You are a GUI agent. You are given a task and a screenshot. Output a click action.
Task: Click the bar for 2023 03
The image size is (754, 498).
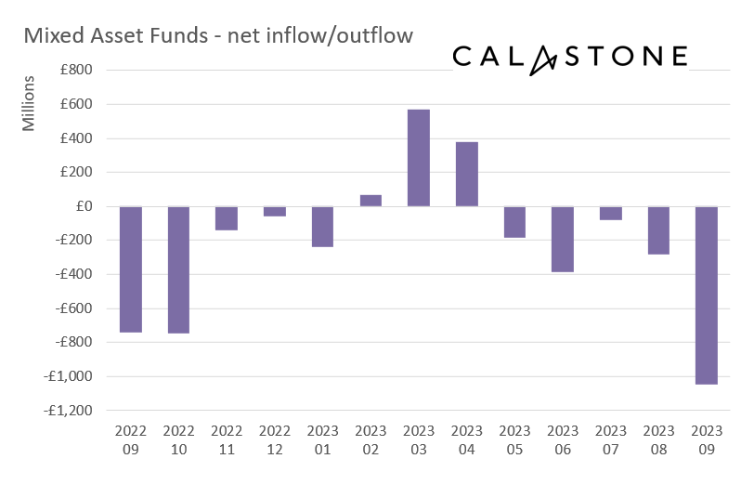tap(419, 158)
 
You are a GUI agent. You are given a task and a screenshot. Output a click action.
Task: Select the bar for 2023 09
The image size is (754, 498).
tap(707, 295)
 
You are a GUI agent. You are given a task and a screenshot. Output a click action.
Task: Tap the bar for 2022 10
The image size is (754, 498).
tap(179, 269)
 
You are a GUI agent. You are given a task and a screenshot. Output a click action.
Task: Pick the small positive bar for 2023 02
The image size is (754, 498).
tap(370, 201)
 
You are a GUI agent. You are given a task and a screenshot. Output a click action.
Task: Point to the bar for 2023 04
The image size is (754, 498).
tap(467, 174)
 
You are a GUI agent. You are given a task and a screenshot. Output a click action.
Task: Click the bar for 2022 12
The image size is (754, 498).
tap(275, 211)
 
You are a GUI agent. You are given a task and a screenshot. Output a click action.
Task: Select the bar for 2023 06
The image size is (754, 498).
tap(563, 239)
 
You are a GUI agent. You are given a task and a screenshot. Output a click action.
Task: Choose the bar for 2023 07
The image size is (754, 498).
tap(611, 213)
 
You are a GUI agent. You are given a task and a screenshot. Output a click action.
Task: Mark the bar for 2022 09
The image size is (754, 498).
tap(131, 269)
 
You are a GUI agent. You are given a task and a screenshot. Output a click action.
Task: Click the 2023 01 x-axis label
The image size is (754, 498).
tap(323, 439)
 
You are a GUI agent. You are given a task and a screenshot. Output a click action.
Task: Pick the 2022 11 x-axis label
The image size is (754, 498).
tap(227, 439)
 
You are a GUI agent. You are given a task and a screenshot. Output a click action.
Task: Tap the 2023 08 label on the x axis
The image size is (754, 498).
tap(659, 439)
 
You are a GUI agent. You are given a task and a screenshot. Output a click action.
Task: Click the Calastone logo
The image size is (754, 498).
tap(570, 57)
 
